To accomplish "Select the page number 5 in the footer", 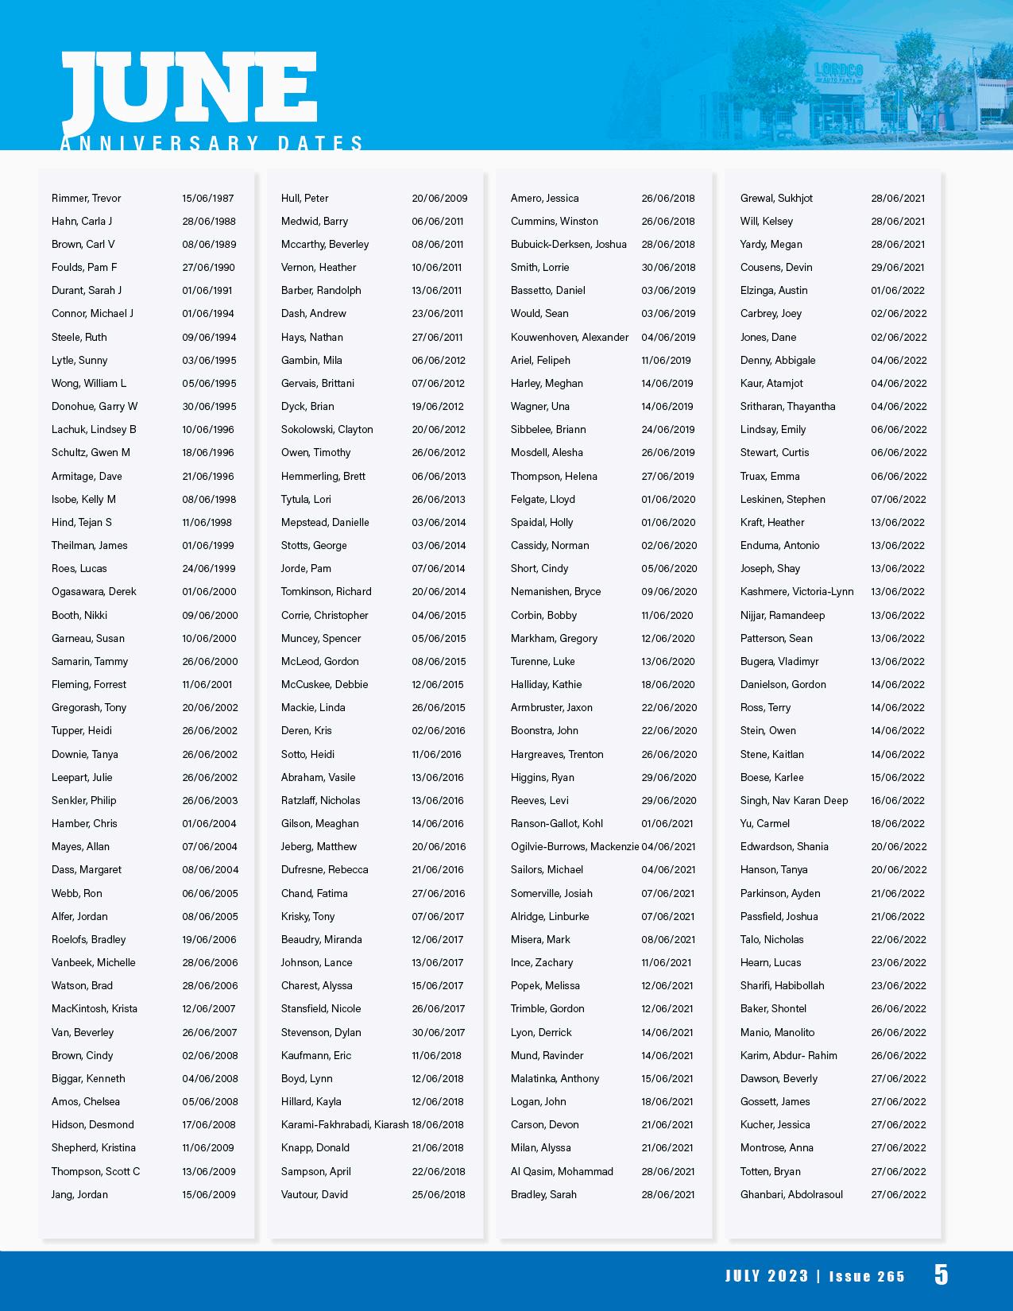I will point(941,1274).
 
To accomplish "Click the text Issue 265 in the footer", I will point(867,1276).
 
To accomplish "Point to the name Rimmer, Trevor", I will point(87,198).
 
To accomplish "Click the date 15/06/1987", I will point(208,198).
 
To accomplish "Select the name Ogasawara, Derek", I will point(94,591).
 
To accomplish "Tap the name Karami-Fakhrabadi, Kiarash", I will point(345,1124).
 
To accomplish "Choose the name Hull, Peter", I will point(304,198).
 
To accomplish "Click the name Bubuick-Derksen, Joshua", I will point(569,244).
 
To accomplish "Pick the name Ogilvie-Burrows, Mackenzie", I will point(574,846).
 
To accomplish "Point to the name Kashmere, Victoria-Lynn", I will point(797,591).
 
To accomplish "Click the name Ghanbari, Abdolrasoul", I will point(791,1194).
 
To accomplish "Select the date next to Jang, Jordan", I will point(209,1194).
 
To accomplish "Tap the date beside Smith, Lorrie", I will point(668,267).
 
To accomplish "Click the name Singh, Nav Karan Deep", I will point(795,800).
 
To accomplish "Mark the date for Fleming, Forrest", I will point(207,684).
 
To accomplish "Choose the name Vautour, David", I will point(315,1194).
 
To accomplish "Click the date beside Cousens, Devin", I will point(898,267).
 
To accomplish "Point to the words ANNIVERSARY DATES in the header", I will point(212,143).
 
